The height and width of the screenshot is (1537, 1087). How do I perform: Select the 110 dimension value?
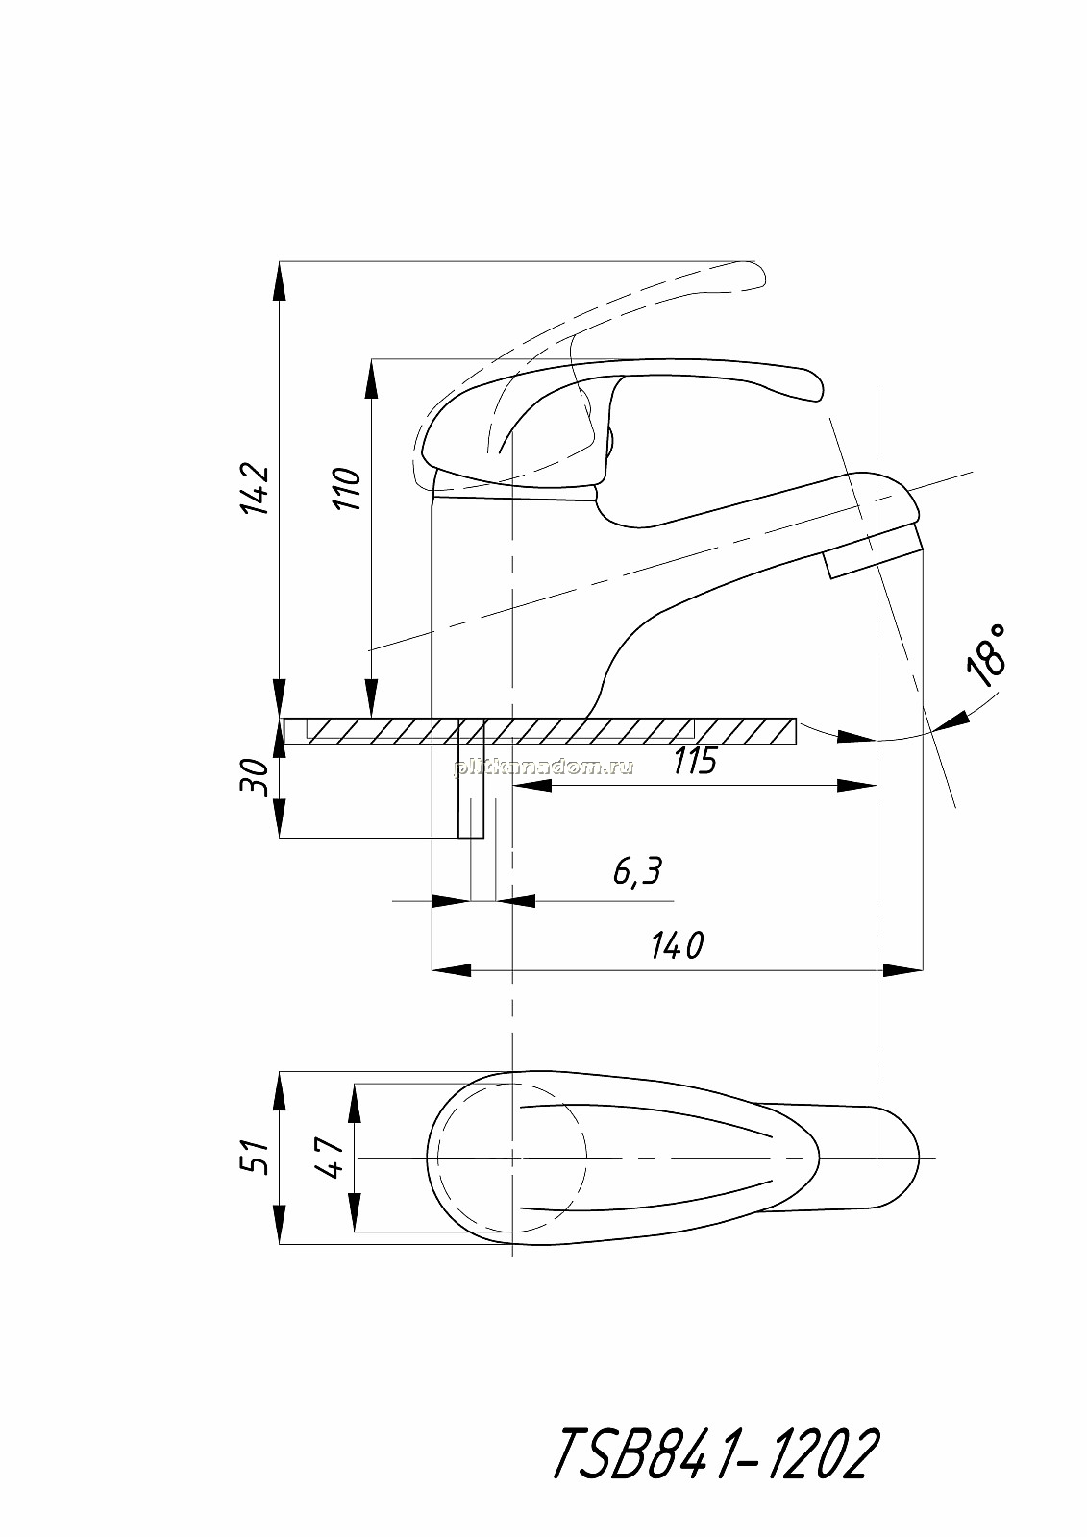coord(347,489)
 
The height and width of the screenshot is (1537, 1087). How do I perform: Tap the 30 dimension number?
coord(254,777)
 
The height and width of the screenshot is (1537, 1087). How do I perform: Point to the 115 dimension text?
coord(694,760)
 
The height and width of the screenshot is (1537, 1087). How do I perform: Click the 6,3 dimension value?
coord(637,871)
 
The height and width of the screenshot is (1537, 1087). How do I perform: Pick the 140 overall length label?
coord(677,946)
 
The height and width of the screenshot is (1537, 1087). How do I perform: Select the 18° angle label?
coord(987,655)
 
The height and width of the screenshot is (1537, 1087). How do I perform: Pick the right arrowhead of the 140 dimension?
coord(902,970)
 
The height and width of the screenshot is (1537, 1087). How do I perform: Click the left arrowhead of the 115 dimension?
coord(532,787)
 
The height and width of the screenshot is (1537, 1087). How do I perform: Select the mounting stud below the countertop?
coord(471,792)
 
